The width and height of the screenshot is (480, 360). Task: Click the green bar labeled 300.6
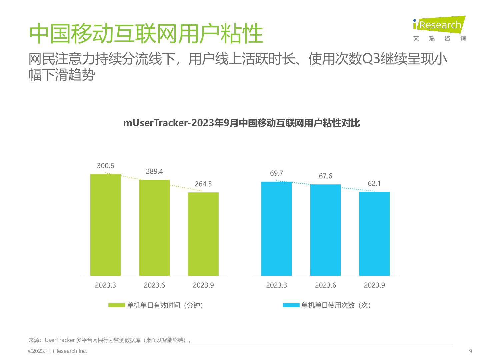click(x=105, y=225)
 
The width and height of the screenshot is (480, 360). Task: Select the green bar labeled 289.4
click(x=154, y=228)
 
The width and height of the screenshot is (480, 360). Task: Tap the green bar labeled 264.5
click(x=203, y=234)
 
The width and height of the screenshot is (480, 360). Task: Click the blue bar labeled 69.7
click(x=276, y=229)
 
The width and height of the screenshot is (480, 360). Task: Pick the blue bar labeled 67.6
click(x=325, y=230)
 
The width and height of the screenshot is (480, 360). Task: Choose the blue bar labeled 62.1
click(x=374, y=234)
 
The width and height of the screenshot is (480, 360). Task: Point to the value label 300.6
click(x=105, y=166)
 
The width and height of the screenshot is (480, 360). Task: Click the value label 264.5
click(x=203, y=184)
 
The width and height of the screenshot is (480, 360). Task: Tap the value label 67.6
click(x=325, y=176)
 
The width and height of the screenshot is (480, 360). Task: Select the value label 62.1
click(x=374, y=184)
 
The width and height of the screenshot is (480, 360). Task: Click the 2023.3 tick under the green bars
click(x=105, y=285)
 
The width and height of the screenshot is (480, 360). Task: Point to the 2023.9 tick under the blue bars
click(x=374, y=285)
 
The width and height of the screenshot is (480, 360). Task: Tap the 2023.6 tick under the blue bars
click(x=325, y=285)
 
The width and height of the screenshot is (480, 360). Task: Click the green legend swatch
click(x=117, y=305)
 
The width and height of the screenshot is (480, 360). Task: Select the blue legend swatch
click(x=291, y=305)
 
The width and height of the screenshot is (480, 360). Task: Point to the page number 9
click(x=471, y=351)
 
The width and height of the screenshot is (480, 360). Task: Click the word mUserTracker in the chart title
click(x=155, y=123)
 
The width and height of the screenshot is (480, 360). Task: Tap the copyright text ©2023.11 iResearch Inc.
click(x=58, y=351)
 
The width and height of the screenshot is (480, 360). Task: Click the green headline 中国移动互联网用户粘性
click(x=146, y=34)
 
